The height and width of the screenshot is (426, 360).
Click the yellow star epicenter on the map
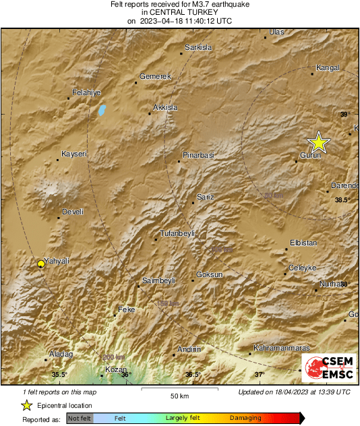coord(318,142)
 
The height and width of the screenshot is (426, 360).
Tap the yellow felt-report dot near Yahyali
coord(41,264)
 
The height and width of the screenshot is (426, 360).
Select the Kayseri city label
coord(74,154)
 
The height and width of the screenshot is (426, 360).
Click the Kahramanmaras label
coord(281,348)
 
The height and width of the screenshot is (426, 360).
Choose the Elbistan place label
coord(303,242)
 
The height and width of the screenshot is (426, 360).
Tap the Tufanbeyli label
coord(177,233)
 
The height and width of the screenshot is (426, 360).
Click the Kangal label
coord(328,67)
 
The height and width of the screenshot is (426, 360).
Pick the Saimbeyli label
coord(159,280)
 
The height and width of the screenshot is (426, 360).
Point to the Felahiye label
coord(86,92)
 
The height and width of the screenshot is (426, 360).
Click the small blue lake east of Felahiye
coord(102,109)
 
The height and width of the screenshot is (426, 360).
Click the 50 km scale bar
coord(179,388)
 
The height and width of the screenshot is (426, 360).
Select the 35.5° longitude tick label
coord(59,375)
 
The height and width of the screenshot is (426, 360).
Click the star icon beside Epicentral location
coord(26,405)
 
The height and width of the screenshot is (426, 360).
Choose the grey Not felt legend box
coord(80,419)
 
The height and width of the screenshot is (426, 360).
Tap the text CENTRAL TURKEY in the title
coord(179,12)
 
